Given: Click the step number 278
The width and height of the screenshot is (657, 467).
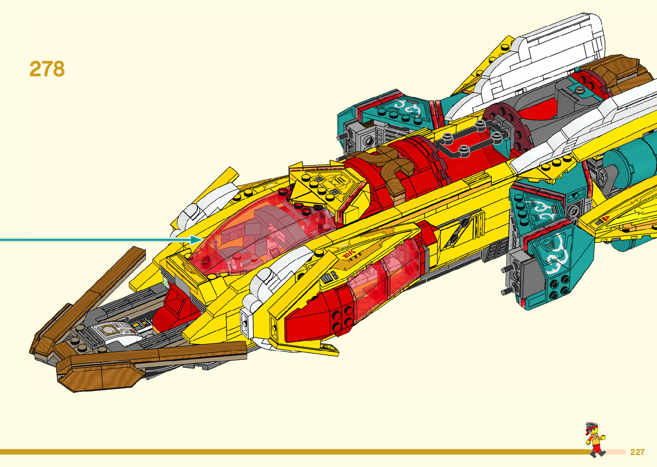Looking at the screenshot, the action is tap(47, 69).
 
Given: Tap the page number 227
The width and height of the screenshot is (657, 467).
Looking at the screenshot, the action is tap(637, 452).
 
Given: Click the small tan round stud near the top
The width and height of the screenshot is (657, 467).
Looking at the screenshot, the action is tap(580, 90).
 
